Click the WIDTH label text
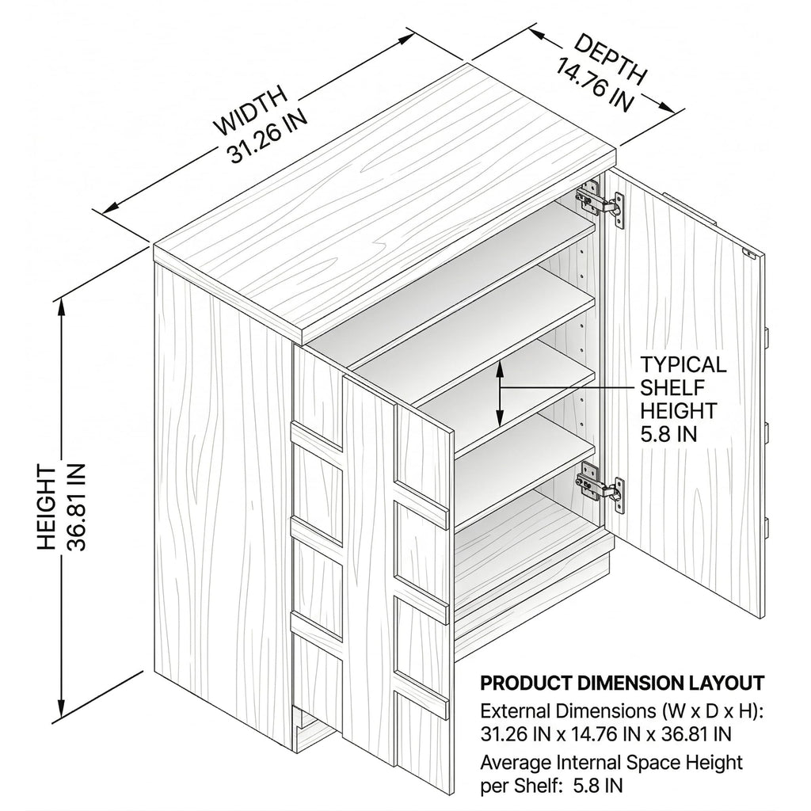click(x=251, y=110)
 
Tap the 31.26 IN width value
click(x=268, y=138)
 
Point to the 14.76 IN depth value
click(x=595, y=85)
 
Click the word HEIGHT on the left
click(x=47, y=508)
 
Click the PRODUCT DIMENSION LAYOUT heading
click(x=623, y=683)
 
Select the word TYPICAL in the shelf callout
click(x=683, y=364)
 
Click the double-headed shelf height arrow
click(x=499, y=393)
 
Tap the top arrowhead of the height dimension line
click(x=62, y=308)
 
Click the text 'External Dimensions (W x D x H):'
click(x=622, y=712)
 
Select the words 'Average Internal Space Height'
click(x=611, y=763)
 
